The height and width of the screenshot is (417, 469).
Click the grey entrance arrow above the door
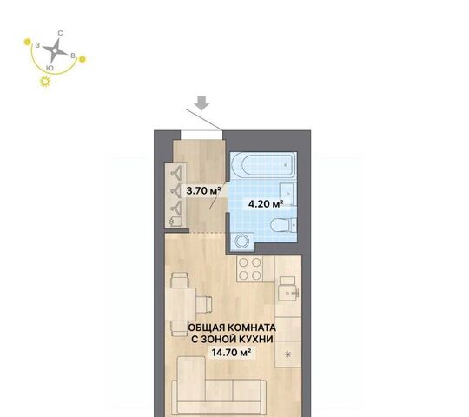201,103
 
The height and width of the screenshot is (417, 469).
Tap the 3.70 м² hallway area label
203,190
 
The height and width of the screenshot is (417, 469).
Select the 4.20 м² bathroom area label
266,204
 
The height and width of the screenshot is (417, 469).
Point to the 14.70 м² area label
231,353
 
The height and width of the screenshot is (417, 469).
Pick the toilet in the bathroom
283,225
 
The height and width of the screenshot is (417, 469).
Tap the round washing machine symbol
242,242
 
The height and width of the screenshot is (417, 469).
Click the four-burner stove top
250,269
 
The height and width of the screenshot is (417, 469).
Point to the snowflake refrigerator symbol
287,354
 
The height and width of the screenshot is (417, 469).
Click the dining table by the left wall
181,304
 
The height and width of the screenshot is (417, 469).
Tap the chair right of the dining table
204,304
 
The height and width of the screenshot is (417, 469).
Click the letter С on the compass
60,33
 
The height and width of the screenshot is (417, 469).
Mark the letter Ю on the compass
50,68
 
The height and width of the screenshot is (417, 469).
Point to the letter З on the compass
37,45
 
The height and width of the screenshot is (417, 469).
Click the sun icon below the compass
45,82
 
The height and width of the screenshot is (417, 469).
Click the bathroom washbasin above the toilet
287,194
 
